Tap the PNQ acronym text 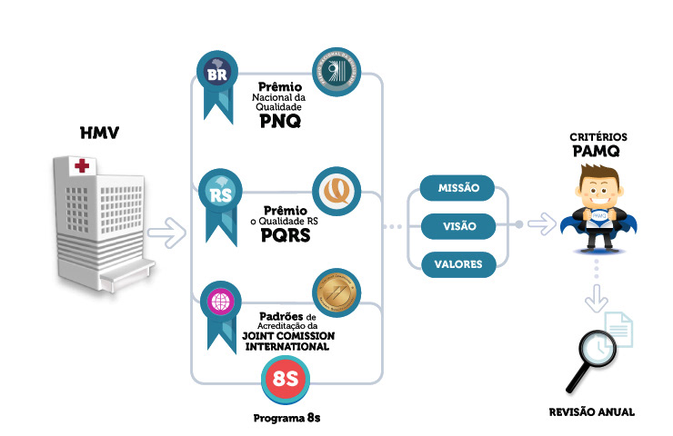pos(278,120)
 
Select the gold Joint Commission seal pos(333,292)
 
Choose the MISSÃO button pos(458,188)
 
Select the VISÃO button pos(458,225)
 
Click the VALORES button pos(458,264)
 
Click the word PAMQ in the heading pos(595,152)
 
